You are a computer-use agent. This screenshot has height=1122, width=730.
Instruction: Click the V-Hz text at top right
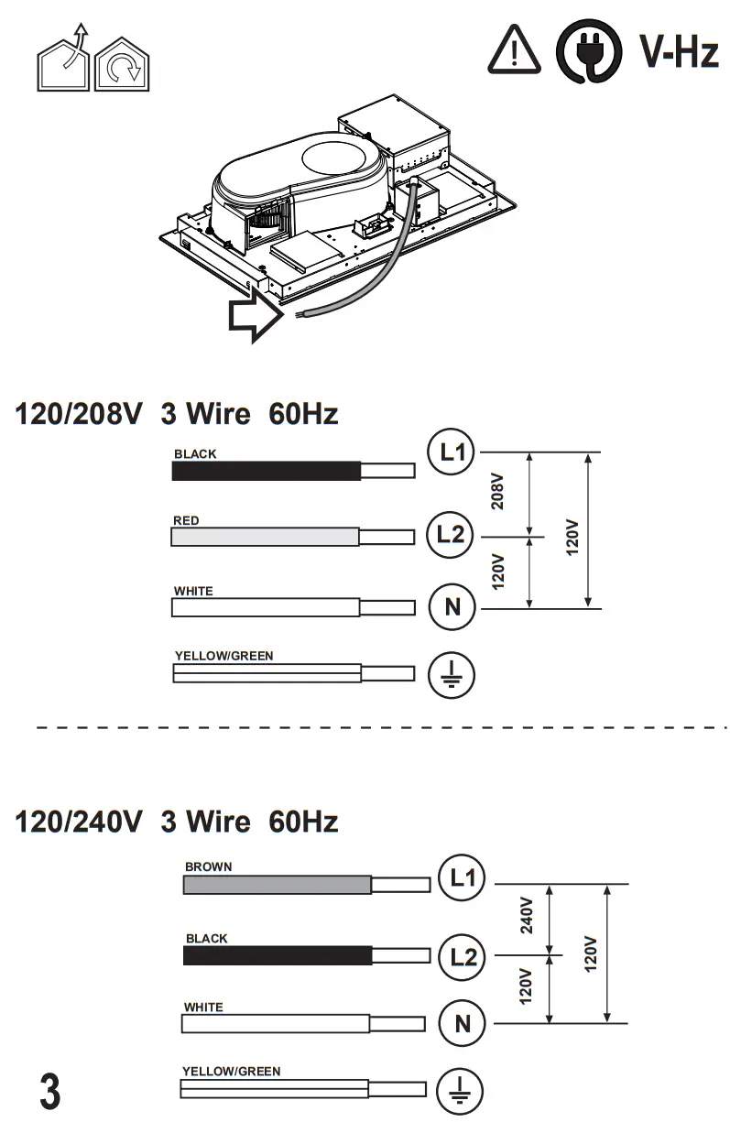[x=678, y=50]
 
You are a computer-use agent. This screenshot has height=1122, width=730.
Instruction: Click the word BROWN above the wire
[x=208, y=866]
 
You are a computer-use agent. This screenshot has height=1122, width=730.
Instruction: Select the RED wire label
[x=186, y=520]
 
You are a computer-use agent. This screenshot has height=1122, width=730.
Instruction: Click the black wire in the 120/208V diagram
[x=266, y=471]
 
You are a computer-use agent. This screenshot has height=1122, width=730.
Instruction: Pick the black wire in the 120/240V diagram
[x=277, y=955]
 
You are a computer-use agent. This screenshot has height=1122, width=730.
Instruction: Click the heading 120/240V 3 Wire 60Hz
[x=177, y=822]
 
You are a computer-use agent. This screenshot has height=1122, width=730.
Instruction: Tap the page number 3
[x=50, y=1091]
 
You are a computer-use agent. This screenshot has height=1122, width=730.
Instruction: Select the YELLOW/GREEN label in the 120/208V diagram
[x=223, y=656]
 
